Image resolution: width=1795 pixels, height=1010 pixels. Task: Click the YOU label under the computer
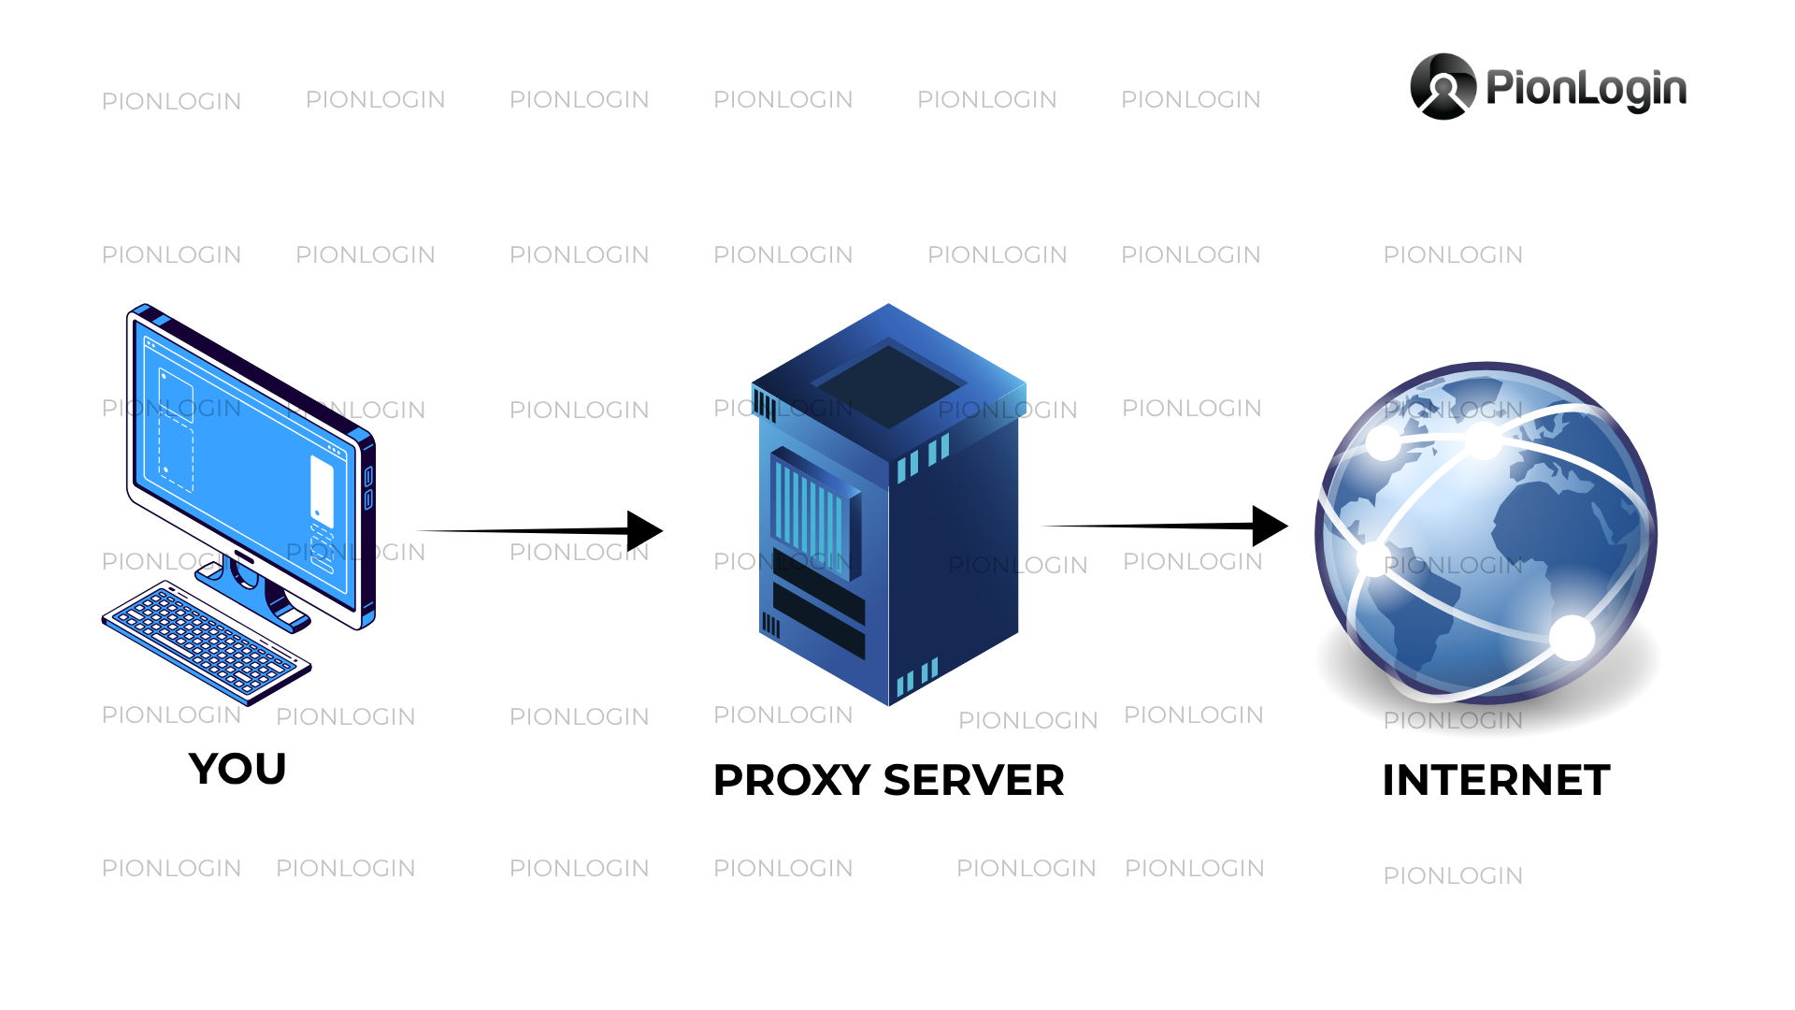click(x=237, y=769)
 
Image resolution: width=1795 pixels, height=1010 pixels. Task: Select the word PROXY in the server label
click(x=792, y=780)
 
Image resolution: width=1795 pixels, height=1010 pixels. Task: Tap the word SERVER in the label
click(x=974, y=780)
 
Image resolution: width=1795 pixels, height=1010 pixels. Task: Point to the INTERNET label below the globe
click(x=1496, y=780)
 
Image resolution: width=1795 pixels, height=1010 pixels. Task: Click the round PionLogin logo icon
click(x=1443, y=87)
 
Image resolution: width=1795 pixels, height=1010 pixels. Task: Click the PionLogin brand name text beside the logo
click(x=1587, y=90)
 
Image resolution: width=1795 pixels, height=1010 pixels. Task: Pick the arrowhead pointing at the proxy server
click(x=645, y=531)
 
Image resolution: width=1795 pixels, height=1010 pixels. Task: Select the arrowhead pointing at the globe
click(x=1271, y=527)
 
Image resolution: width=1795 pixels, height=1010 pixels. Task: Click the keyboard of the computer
click(x=207, y=642)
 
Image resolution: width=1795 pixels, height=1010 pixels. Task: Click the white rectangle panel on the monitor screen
click(x=322, y=492)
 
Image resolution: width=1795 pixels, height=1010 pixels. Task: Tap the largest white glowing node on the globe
click(x=1572, y=638)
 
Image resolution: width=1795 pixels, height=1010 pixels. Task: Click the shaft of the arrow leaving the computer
click(x=524, y=531)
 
